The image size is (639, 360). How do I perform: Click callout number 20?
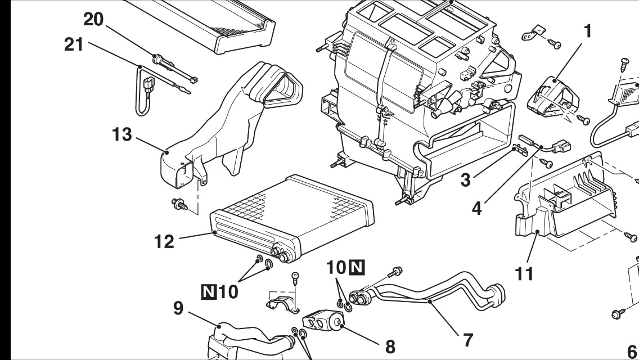pyautogui.click(x=93, y=19)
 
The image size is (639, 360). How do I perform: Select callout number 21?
pyautogui.click(x=74, y=44)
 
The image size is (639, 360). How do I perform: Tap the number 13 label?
pyautogui.click(x=122, y=134)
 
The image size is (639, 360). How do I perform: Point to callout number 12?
pyautogui.click(x=164, y=241)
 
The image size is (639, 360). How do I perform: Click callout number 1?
pyautogui.click(x=587, y=31)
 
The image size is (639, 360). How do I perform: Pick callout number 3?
pyautogui.click(x=466, y=180)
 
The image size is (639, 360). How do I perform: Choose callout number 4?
pyautogui.click(x=477, y=208)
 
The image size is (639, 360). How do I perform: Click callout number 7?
pyautogui.click(x=468, y=340)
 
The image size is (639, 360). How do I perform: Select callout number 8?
pyautogui.click(x=390, y=347)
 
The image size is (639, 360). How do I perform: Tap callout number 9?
pyautogui.click(x=178, y=308)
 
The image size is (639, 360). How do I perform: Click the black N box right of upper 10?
pyautogui.click(x=357, y=267)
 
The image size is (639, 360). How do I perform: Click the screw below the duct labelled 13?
pyautogui.click(x=179, y=204)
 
